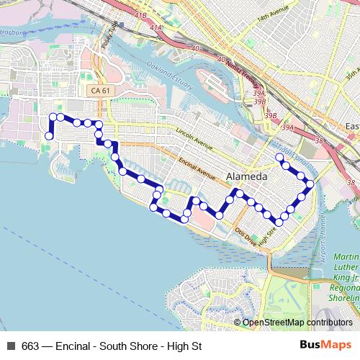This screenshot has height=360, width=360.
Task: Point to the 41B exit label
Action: point(139,14)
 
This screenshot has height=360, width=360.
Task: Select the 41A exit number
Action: point(156,28)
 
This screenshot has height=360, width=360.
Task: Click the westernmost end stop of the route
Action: point(49,136)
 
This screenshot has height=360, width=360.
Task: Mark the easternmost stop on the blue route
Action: point(310,184)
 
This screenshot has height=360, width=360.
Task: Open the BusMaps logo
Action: point(325,345)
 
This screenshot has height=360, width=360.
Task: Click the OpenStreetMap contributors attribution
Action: point(297,323)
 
